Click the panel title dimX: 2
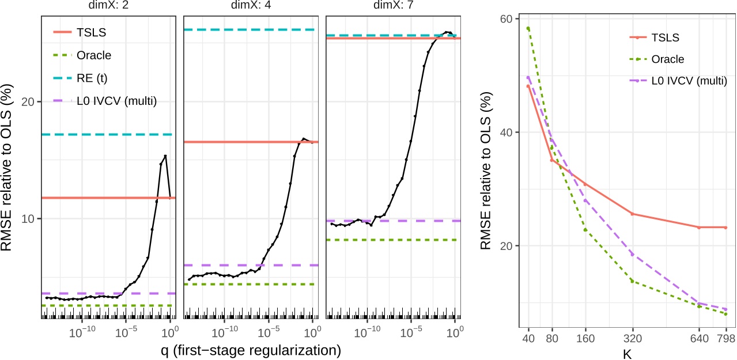(x=108, y=7)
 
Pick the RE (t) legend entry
(x=92, y=78)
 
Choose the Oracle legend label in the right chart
(x=669, y=59)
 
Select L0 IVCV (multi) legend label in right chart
(x=689, y=81)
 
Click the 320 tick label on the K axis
(x=633, y=338)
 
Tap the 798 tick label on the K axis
(x=725, y=338)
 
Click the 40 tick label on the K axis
(x=528, y=338)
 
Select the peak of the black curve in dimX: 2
(x=165, y=156)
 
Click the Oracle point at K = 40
(x=528, y=28)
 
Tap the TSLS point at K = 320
(x=633, y=214)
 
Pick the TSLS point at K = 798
(x=725, y=228)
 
